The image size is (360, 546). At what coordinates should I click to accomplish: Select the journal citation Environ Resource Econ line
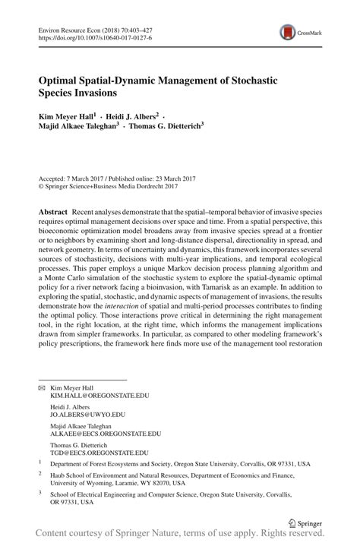coord(91,27)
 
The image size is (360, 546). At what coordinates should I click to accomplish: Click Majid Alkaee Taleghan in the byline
coord(89,127)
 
